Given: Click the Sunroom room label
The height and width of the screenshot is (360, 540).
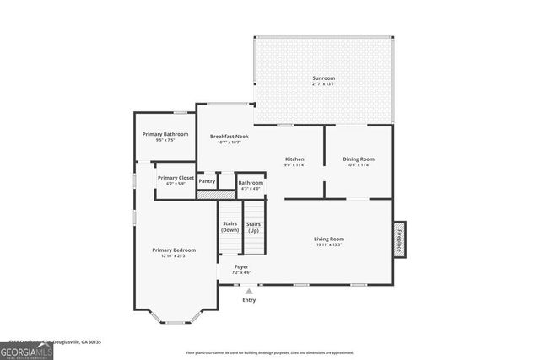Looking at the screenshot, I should click(x=324, y=78).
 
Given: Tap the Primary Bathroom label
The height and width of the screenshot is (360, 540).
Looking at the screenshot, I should click(x=165, y=135).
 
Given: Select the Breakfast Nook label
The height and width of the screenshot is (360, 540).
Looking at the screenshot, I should click(x=229, y=137).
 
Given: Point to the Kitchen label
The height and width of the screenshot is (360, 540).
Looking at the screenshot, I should click(x=294, y=159).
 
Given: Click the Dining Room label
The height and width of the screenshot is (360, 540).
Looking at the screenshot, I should click(x=359, y=159).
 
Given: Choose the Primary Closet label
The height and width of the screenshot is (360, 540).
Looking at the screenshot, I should click(x=175, y=179).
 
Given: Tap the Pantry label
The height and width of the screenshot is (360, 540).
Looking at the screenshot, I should click(x=207, y=181).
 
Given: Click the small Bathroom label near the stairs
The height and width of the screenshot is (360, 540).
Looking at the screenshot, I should click(x=251, y=184).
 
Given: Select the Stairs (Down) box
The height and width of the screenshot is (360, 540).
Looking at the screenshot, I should click(x=229, y=227).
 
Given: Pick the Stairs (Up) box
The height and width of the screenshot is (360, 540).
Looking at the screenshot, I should click(x=254, y=227).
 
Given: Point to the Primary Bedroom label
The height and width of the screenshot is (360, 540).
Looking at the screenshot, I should click(x=174, y=251).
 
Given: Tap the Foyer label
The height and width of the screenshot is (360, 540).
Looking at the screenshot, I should click(x=241, y=268).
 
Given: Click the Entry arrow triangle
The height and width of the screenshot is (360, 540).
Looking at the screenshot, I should click(x=249, y=291).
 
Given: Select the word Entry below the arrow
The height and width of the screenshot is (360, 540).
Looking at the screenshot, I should click(x=249, y=300).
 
